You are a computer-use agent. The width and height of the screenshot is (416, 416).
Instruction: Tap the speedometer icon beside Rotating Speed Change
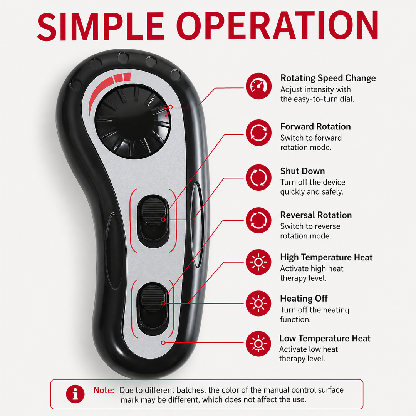click(x=258, y=86)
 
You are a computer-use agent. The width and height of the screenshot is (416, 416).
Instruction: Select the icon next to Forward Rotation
click(x=258, y=133)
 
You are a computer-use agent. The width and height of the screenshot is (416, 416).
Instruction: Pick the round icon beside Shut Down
click(x=258, y=177)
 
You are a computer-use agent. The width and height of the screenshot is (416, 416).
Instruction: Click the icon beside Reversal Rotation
click(x=258, y=220)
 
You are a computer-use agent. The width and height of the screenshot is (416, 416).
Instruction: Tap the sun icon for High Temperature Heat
click(x=258, y=262)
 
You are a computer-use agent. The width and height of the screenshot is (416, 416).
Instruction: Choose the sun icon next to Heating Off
click(x=258, y=303)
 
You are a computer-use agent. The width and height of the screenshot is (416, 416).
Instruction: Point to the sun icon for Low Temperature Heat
click(x=258, y=344)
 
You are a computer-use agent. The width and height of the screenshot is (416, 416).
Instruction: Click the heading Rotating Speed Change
click(x=328, y=78)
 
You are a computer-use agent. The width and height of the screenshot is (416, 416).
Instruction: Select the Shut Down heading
click(x=302, y=171)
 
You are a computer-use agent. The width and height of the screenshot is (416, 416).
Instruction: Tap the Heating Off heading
click(x=304, y=299)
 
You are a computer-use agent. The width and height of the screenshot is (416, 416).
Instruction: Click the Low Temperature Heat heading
click(x=325, y=338)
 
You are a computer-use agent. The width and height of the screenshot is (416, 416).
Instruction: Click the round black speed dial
click(x=133, y=121)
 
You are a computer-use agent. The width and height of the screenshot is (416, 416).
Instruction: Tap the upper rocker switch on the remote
click(x=153, y=221)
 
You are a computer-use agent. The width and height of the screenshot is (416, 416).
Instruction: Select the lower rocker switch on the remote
click(x=153, y=309)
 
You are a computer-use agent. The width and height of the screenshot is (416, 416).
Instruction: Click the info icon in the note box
click(x=75, y=394)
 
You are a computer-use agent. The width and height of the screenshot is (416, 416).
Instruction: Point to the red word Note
click(x=104, y=390)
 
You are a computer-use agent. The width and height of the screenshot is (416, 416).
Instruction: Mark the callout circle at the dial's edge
click(x=171, y=107)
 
